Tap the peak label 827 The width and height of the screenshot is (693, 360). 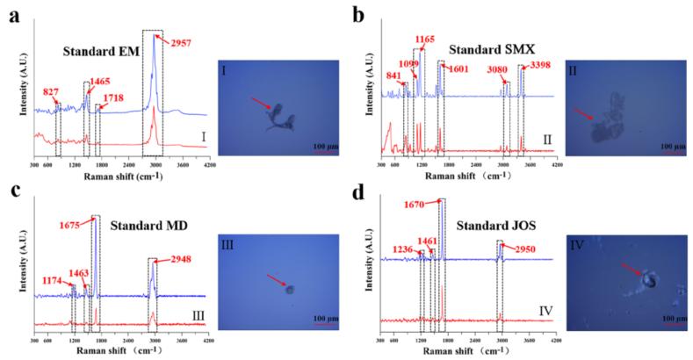point(50,90)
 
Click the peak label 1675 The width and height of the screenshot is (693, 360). point(76,223)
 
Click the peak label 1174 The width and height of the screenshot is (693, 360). point(54,281)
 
